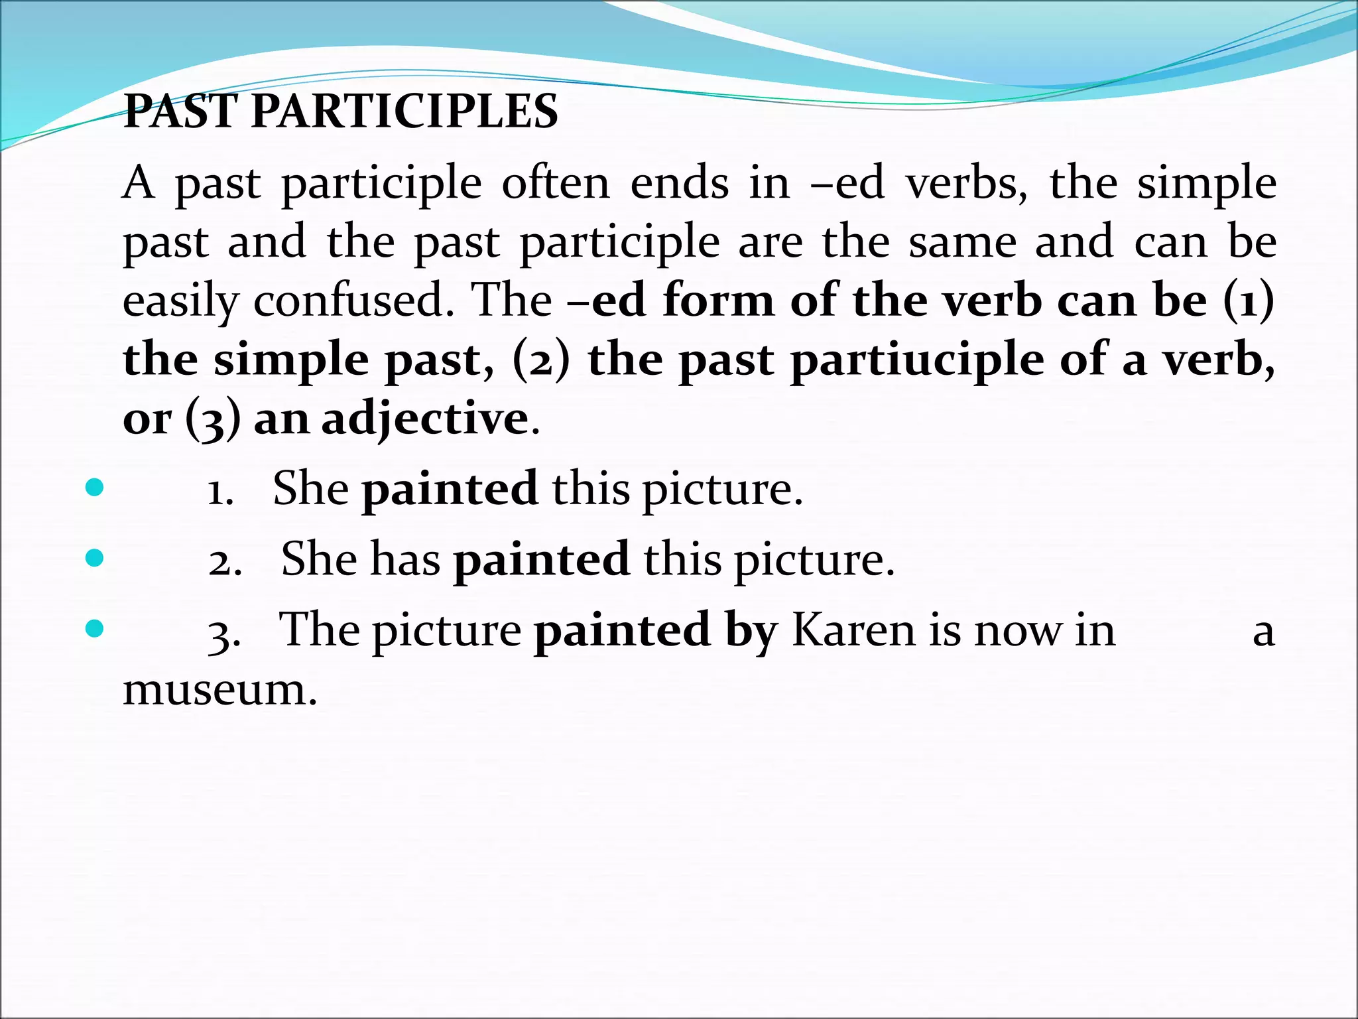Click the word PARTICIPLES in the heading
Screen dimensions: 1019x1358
pyautogui.click(x=404, y=111)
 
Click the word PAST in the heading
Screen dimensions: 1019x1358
pyautogui.click(x=181, y=111)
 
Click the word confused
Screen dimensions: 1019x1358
pyautogui.click(x=348, y=301)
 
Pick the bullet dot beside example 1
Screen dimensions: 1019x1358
pyautogui.click(x=95, y=488)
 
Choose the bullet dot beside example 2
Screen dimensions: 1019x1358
pyautogui.click(x=95, y=558)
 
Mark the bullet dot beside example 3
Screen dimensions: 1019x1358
pyautogui.click(x=95, y=628)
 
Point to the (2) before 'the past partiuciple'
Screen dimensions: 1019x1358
pyautogui.click(x=541, y=362)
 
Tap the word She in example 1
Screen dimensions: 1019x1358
pyautogui.click(x=310, y=489)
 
